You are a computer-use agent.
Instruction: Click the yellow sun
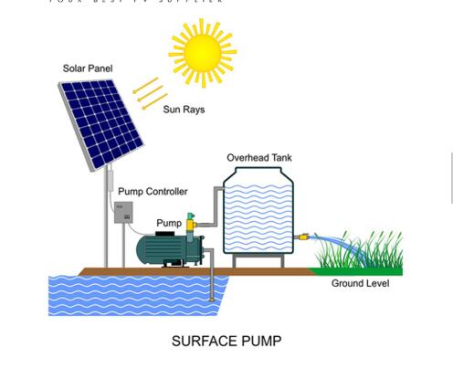pyautogui.click(x=202, y=53)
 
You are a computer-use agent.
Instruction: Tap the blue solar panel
pyautogui.click(x=100, y=123)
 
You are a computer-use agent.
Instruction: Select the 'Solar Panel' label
pyautogui.click(x=88, y=68)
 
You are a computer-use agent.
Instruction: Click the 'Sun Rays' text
pyautogui.click(x=184, y=110)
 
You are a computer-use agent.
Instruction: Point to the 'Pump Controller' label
pyautogui.click(x=153, y=192)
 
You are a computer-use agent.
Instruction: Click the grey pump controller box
pyautogui.click(x=122, y=213)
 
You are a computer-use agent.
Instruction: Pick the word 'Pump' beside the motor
pyautogui.click(x=169, y=223)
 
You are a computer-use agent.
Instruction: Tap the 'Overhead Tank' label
pyautogui.click(x=259, y=158)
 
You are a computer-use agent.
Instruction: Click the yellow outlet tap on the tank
pyautogui.click(x=304, y=237)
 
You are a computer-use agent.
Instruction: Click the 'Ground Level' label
pyautogui.click(x=360, y=284)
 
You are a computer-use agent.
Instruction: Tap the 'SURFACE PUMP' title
pyautogui.click(x=226, y=342)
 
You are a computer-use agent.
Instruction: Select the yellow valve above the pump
pyautogui.click(x=190, y=222)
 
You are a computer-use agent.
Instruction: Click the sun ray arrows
pyautogui.click(x=149, y=92)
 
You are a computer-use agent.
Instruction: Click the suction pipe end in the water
pyautogui.click(x=212, y=297)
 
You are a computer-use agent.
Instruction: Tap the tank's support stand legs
pyautogui.click(x=258, y=261)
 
